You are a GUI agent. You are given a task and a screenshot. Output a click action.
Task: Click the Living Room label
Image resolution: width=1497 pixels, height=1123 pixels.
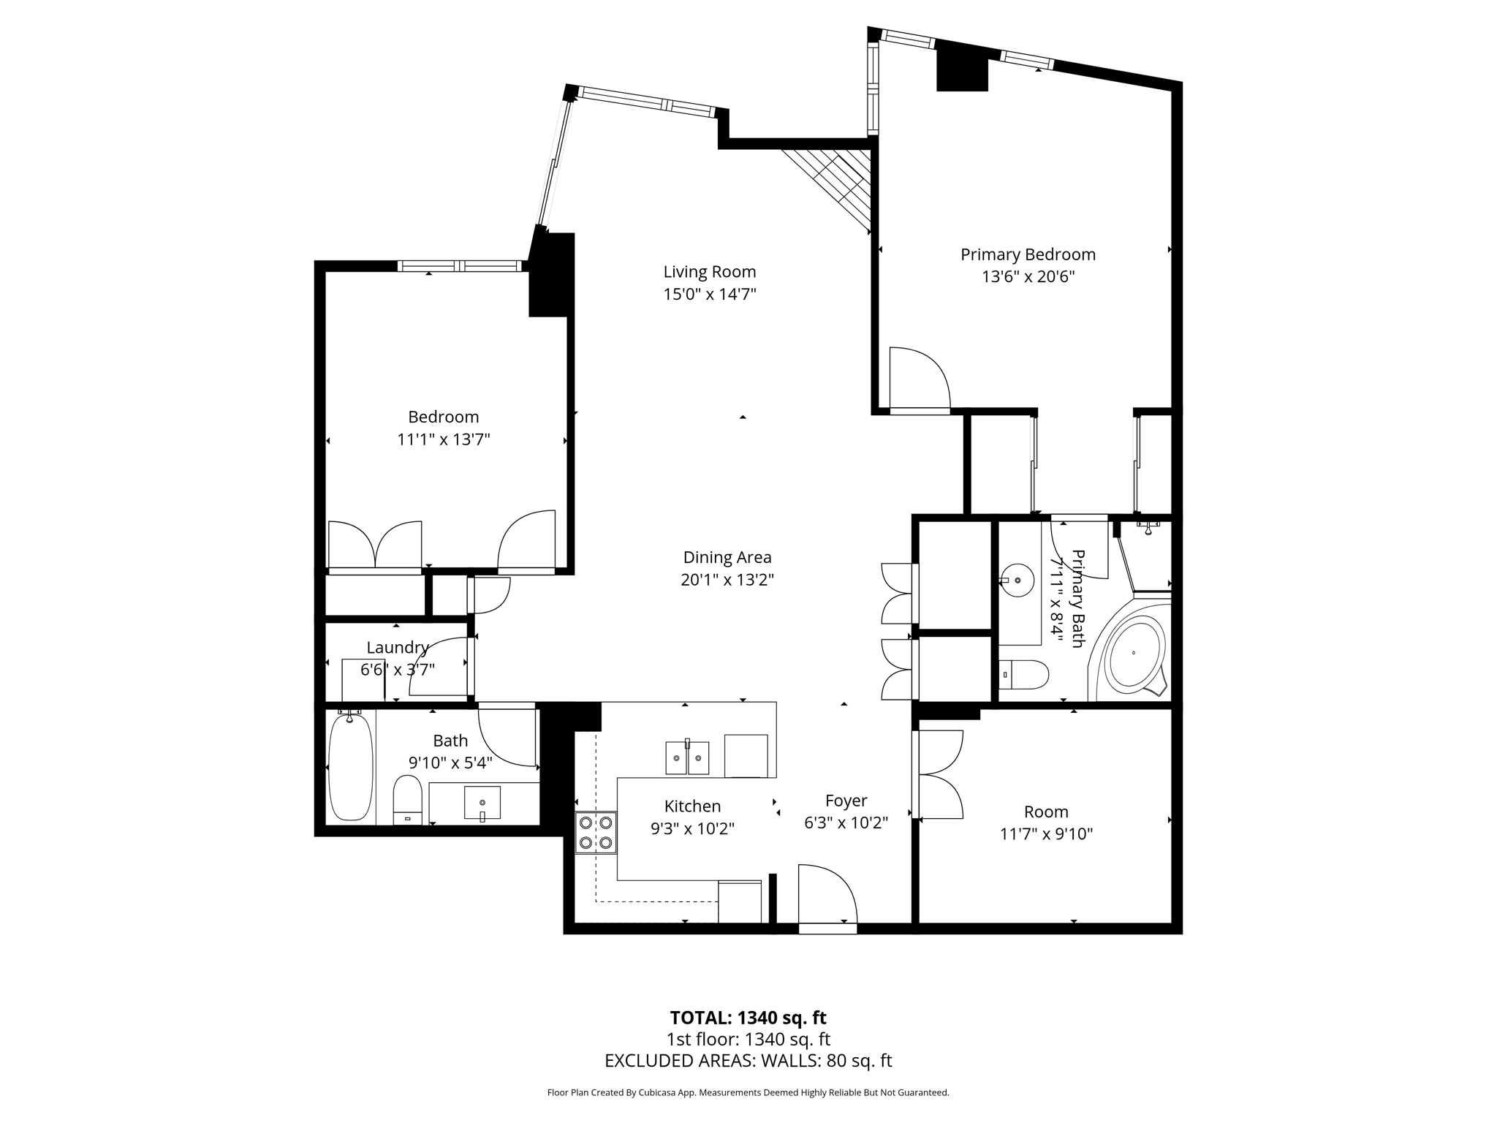pos(709,272)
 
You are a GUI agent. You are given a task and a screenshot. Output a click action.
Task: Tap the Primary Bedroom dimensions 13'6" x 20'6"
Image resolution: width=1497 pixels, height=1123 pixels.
pos(1028,277)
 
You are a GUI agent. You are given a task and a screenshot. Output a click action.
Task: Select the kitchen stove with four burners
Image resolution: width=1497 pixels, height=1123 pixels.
pos(596,833)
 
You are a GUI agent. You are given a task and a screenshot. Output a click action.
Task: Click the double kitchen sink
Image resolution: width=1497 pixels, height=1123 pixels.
pos(687,757)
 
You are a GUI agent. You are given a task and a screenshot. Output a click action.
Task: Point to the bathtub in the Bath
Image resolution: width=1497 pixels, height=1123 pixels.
pos(351,766)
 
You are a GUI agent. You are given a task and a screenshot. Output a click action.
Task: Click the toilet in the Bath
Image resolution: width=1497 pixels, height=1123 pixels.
pos(408,800)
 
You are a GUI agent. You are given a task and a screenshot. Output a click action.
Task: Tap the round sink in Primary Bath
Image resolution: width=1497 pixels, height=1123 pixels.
pos(1017,581)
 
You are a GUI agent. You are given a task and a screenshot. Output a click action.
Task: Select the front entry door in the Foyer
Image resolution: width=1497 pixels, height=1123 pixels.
pos(827,899)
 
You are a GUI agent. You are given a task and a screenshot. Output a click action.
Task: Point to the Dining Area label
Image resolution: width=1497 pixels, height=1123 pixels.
pos(727,557)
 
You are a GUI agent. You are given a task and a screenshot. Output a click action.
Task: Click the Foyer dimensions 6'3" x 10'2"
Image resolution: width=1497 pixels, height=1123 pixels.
pos(846,823)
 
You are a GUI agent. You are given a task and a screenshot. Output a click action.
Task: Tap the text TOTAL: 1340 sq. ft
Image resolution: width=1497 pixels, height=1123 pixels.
pos(748,1018)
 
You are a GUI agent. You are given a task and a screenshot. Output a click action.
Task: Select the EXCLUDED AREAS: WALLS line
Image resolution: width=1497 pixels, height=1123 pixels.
pos(748,1061)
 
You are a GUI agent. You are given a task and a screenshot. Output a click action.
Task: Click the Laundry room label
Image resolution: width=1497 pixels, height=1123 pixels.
pos(398,648)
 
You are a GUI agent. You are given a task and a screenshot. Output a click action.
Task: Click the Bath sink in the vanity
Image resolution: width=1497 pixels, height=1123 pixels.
pos(482,803)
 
